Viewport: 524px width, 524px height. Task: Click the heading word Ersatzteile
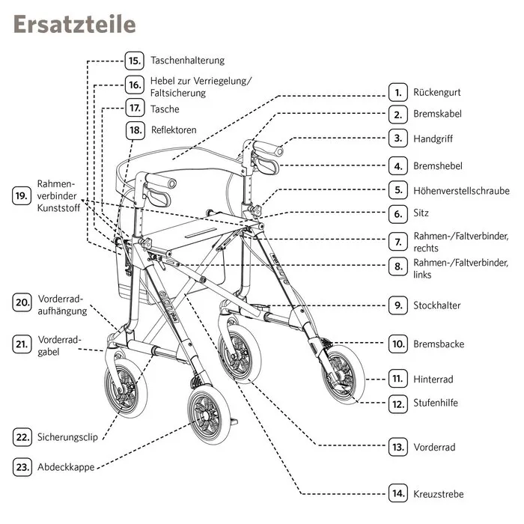[x=75, y=24]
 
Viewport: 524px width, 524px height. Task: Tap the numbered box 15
[x=134, y=61]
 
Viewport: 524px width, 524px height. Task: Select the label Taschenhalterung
[x=187, y=61]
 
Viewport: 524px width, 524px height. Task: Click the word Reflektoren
[x=174, y=130]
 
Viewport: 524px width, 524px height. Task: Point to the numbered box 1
[x=398, y=92]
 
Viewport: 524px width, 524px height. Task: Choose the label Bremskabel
[x=437, y=114]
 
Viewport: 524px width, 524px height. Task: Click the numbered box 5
[x=398, y=190]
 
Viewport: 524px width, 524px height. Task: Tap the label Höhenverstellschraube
[x=462, y=191]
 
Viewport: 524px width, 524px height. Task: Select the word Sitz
[x=421, y=213]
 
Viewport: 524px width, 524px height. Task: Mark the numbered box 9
[x=398, y=305]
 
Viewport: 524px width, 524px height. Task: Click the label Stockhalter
[x=436, y=305]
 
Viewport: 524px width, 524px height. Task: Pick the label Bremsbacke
[x=439, y=344]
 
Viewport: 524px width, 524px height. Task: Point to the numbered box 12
[x=398, y=404]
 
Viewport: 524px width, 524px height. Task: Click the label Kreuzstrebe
[x=439, y=494]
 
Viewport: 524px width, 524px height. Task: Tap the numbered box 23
[x=22, y=467]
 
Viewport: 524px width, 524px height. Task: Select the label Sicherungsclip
[x=67, y=437]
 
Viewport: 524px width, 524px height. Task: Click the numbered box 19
[x=22, y=195]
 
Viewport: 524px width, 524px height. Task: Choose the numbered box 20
[x=22, y=302]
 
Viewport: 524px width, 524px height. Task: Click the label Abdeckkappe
[x=66, y=467]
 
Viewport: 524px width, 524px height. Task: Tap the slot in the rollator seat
[x=201, y=233]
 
